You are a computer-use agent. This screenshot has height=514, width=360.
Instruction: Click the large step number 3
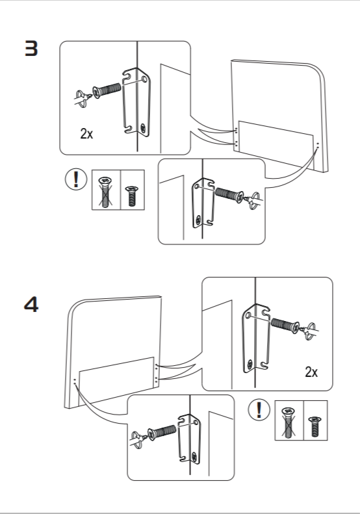point(31,49)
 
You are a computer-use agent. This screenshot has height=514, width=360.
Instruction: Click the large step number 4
point(31,304)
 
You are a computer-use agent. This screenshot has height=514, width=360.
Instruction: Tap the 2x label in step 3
point(86,133)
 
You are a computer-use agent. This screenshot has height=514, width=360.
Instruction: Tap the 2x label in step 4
point(311,372)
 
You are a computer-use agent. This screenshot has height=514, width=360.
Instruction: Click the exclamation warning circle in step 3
point(76,179)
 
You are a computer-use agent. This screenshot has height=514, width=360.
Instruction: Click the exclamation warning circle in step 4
point(259,410)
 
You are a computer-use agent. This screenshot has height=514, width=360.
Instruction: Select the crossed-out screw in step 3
point(105,192)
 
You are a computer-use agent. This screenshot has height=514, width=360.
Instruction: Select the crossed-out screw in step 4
point(289,422)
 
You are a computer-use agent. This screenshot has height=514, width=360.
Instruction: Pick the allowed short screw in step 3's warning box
point(132,196)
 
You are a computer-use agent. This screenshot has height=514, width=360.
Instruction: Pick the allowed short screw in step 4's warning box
point(315,426)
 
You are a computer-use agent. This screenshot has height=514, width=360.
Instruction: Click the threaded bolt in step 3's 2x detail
point(107,90)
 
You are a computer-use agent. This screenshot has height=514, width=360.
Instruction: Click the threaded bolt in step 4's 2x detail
point(285,325)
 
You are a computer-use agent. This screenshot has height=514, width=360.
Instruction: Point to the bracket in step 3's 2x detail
point(136,102)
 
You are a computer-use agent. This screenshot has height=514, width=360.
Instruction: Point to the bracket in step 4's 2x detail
point(257,339)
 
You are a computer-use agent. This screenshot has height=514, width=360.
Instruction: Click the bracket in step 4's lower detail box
point(190,439)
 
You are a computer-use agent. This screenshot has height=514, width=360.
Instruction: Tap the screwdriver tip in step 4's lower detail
point(146,437)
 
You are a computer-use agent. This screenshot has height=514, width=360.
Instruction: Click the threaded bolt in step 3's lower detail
point(229,194)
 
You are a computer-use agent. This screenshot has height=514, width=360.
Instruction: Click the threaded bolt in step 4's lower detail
point(162,432)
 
